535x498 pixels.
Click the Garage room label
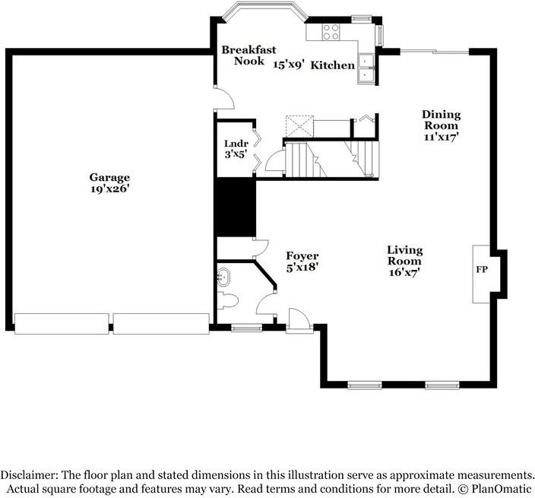point(109,177)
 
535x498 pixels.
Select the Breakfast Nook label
point(242,55)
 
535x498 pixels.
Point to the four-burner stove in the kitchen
point(331,32)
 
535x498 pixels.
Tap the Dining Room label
point(441,120)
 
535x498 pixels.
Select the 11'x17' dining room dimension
point(441,138)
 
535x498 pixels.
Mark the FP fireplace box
point(481,270)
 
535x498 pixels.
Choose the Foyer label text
point(302,256)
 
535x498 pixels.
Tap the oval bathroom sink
point(224,276)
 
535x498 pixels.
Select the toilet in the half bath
point(228,298)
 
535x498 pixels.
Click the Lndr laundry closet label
point(232,144)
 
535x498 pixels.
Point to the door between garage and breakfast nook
point(221,97)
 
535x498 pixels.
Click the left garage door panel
point(62,323)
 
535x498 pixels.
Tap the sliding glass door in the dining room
point(434,51)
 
